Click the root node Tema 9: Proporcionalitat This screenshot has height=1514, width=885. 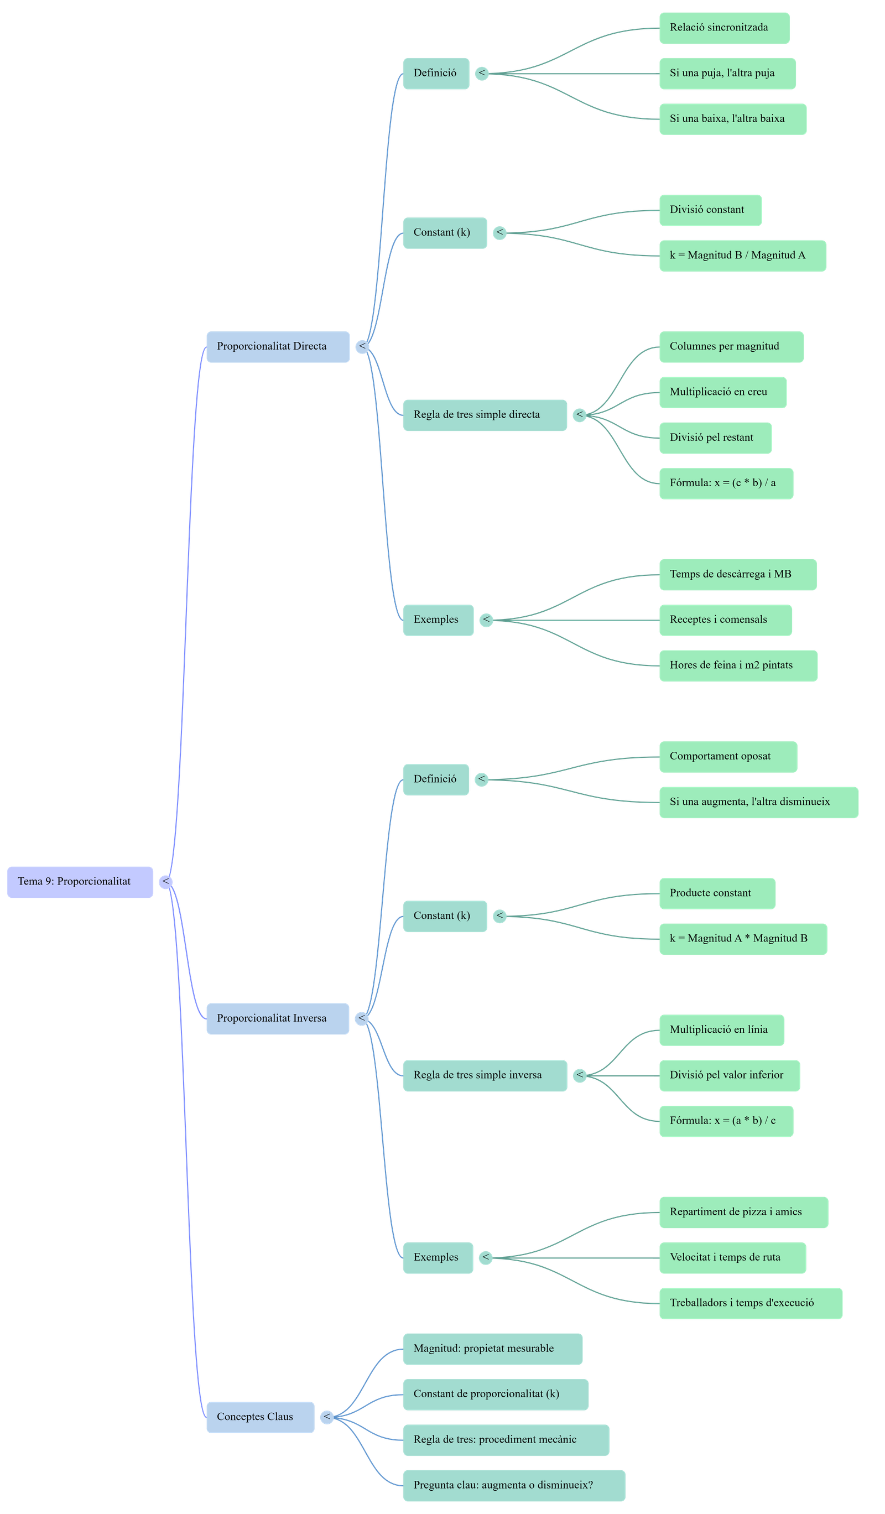point(80,882)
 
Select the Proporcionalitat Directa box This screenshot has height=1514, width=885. point(278,347)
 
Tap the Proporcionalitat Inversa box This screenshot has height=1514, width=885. point(278,1018)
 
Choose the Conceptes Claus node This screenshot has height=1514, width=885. point(260,1417)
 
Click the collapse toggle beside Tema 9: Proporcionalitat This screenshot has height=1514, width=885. point(166,882)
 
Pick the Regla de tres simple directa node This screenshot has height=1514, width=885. point(484,414)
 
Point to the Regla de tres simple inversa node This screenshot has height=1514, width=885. point(484,1075)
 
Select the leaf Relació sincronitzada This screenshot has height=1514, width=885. point(724,28)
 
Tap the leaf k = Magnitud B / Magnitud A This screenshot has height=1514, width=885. point(742,256)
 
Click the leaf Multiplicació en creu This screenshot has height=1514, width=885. point(722,392)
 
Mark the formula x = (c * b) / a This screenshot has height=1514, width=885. point(726,483)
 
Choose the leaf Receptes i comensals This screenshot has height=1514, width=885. point(725,620)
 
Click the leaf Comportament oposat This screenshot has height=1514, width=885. point(727,756)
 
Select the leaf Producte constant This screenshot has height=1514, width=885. point(717,893)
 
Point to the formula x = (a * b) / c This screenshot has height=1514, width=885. point(726,1121)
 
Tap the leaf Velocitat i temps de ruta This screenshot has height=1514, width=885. point(732,1257)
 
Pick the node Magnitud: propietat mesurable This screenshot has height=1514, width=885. point(492,1349)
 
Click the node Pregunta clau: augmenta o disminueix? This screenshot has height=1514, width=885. point(513,1485)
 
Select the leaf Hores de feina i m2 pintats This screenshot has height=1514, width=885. point(738,665)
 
